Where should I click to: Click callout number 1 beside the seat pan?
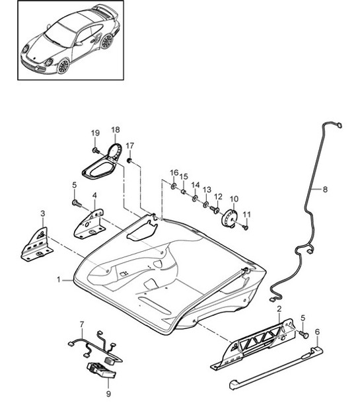59,280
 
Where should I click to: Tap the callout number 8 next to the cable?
325,189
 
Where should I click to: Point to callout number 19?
95,133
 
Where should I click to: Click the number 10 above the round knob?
233,199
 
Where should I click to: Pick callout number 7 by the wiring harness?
82,324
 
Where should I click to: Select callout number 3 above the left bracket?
43,213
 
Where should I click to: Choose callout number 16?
174,173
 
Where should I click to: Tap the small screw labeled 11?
244,227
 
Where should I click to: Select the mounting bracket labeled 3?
36,245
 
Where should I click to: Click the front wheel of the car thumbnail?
64,66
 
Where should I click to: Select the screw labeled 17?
130,161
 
